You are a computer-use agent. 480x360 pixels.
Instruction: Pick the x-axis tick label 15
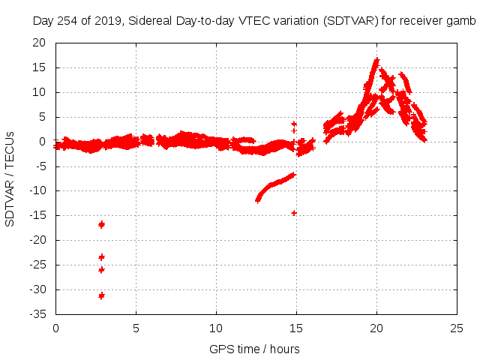click(x=296, y=328)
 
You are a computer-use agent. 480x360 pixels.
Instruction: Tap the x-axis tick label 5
click(x=136, y=328)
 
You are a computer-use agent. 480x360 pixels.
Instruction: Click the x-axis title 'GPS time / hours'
click(x=256, y=349)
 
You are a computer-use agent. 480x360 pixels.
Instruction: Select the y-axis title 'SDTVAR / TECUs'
click(x=10, y=178)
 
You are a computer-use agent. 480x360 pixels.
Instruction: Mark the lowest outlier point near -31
click(x=101, y=295)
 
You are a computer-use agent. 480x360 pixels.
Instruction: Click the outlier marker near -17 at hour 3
click(x=101, y=224)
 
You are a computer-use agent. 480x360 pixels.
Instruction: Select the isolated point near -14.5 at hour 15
click(x=294, y=213)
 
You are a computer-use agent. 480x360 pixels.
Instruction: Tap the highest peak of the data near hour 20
click(x=376, y=60)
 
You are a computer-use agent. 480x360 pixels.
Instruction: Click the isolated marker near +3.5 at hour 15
click(x=294, y=124)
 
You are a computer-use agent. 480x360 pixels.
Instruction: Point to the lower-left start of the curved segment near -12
click(x=258, y=200)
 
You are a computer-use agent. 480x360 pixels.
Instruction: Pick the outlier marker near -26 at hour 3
click(x=101, y=269)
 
